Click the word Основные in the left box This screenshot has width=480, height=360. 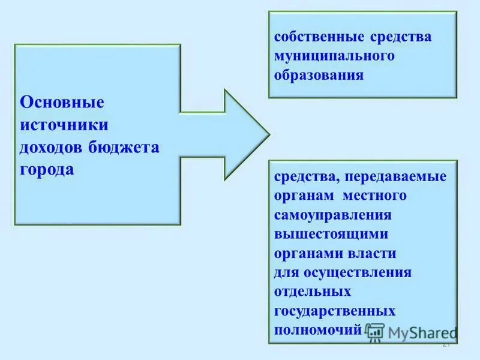(x=62, y=102)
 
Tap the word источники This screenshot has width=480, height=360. (x=64, y=125)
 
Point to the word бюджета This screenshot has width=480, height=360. (x=124, y=148)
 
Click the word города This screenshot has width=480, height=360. (x=47, y=170)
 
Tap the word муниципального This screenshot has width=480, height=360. (x=334, y=56)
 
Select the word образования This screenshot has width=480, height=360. (x=319, y=76)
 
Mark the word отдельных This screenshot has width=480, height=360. (x=312, y=292)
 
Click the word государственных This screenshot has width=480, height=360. (x=335, y=311)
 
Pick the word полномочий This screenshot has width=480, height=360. (x=318, y=330)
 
